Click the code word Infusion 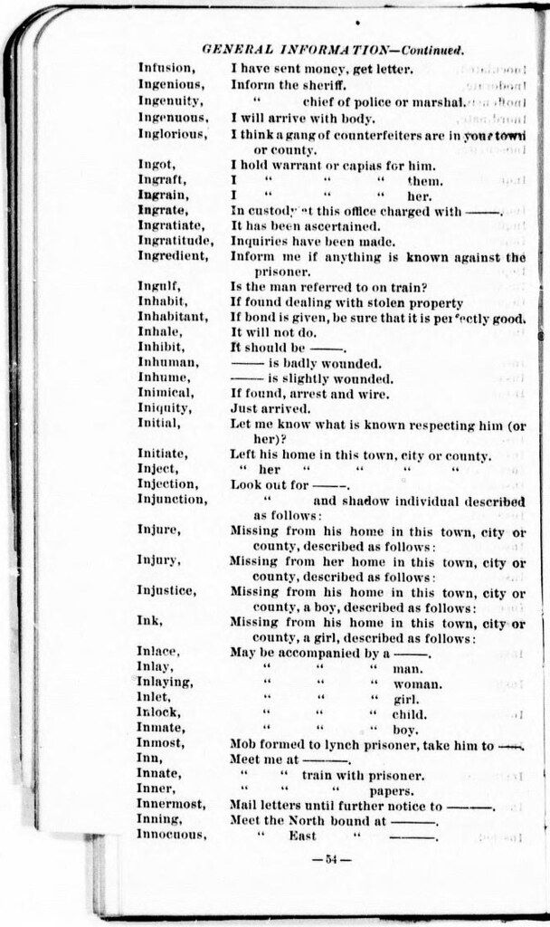pos(166,68)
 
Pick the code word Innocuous pos(172,835)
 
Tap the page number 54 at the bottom pos(325,859)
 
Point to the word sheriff pos(324,84)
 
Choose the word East pos(302,836)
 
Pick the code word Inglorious pos(172,135)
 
